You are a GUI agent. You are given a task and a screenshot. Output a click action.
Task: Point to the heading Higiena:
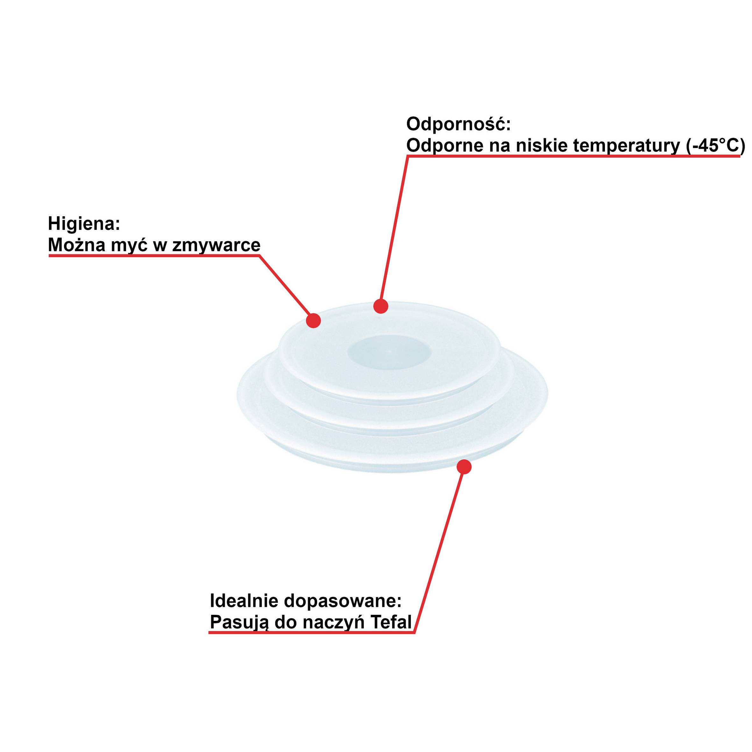point(84,224)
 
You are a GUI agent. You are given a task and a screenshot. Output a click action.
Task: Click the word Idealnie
point(244,601)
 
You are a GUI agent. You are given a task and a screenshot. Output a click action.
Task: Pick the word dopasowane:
point(343,601)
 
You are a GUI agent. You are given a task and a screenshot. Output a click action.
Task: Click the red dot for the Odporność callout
point(381,306)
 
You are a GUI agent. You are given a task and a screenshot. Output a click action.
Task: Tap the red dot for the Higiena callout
point(313,321)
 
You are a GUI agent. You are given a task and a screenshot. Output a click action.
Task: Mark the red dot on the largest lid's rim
point(464,467)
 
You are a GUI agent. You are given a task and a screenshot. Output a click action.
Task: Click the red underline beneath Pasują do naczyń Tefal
point(311,633)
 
